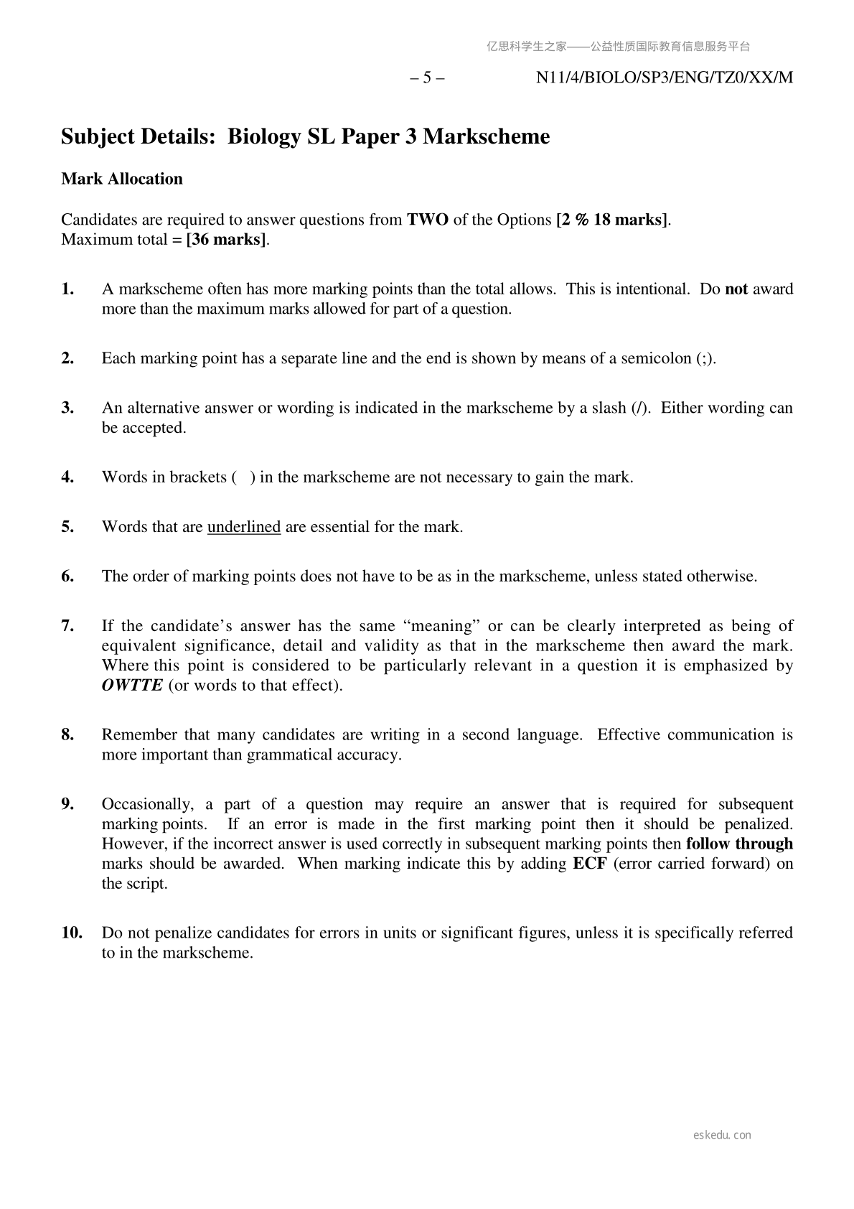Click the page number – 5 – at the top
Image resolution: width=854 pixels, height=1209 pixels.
tap(427, 78)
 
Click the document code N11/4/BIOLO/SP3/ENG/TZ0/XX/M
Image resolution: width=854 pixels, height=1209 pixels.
tap(665, 78)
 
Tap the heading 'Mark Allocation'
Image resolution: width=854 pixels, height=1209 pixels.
tap(122, 179)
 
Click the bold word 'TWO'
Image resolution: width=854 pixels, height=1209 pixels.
tap(428, 220)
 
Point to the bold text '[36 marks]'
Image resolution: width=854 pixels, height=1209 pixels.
tap(226, 240)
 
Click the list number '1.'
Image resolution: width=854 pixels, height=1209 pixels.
tap(68, 289)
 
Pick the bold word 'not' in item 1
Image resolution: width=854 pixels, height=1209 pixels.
tap(736, 289)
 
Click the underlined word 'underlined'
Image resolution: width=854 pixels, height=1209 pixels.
tap(244, 527)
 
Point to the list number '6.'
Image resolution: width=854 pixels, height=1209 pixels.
tap(68, 577)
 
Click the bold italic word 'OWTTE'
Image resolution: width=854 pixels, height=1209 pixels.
tap(132, 685)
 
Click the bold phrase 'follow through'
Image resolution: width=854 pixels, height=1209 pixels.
tap(739, 844)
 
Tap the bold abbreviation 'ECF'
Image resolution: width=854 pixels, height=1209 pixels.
tap(590, 864)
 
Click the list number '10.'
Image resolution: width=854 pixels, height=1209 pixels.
tap(72, 933)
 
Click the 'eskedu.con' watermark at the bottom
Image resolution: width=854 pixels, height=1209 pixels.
tap(723, 1135)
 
